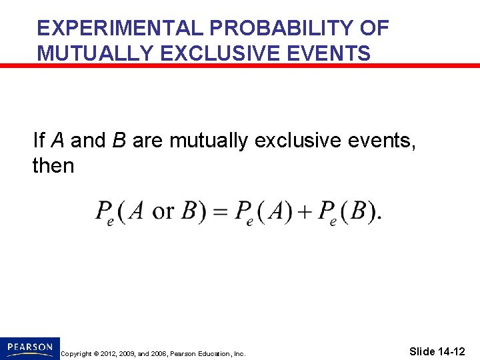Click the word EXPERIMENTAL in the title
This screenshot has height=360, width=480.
(x=121, y=29)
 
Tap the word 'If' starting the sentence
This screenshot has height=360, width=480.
(x=39, y=141)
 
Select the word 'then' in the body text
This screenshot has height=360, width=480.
(x=53, y=165)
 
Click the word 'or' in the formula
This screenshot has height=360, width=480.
(x=163, y=211)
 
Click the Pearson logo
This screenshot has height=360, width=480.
(x=30, y=347)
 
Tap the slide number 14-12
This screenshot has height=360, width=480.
(x=437, y=351)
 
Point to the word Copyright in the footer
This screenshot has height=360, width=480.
(x=77, y=353)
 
